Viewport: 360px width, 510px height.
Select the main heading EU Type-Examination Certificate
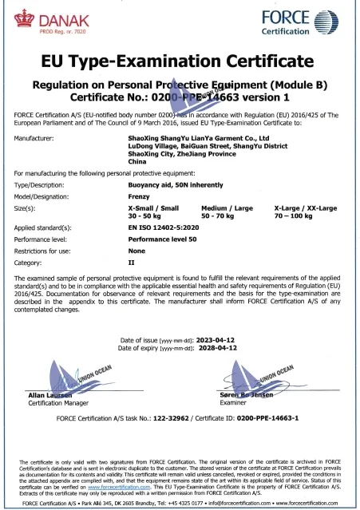coord(180,62)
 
